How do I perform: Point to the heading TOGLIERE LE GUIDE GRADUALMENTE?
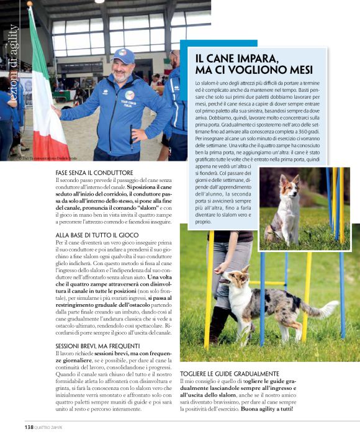coord(229,374)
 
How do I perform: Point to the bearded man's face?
coord(124,73)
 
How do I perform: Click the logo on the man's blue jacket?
coord(129,95)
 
